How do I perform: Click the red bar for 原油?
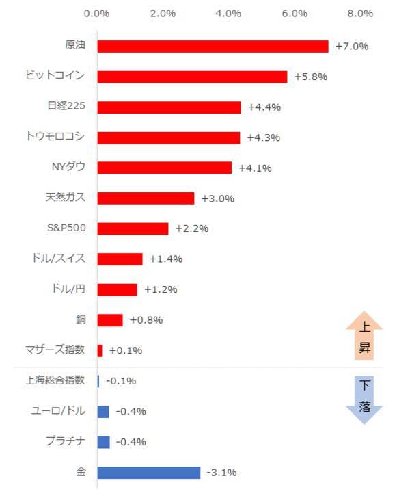213,46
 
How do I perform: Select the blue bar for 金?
149,473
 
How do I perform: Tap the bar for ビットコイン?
192,77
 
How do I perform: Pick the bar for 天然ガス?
146,198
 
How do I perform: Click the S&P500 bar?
133,228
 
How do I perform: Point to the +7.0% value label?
352,47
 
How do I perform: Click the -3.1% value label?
223,473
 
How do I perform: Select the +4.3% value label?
264,137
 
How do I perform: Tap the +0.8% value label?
146,320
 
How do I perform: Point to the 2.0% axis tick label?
163,13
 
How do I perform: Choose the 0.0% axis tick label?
97,13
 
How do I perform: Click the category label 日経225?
66,106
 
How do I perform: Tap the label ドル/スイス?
59,259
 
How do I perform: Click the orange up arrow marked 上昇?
364,337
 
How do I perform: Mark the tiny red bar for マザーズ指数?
100,350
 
